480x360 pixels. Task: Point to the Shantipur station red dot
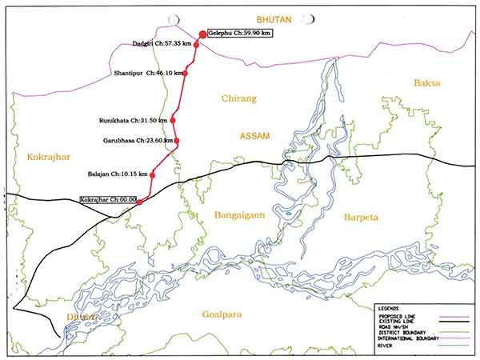(187, 73)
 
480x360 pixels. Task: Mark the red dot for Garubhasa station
(177, 141)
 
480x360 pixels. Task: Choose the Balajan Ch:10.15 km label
(118, 174)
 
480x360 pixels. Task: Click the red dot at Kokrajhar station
(140, 202)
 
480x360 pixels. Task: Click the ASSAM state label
(255, 137)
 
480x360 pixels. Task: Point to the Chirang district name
(238, 98)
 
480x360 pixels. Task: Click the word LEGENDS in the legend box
(389, 307)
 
